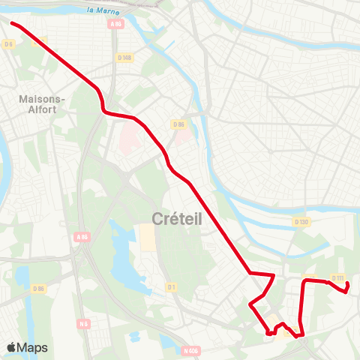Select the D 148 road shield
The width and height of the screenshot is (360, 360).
coord(124,57)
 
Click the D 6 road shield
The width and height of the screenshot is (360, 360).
coord(9,44)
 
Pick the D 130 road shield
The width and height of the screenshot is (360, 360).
coord(301,222)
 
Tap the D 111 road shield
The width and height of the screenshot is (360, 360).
coord(337,279)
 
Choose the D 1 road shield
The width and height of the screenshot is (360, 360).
coord(171,286)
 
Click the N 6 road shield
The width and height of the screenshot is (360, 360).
coord(83,324)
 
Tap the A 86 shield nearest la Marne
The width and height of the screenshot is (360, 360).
coord(115,25)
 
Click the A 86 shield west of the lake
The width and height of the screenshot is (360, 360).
coord(82,237)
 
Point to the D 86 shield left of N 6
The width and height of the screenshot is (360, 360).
coord(39,288)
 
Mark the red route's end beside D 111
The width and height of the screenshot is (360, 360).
coord(346,292)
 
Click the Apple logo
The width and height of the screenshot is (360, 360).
coord(11,347)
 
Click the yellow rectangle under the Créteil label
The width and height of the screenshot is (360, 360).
coord(148,238)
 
